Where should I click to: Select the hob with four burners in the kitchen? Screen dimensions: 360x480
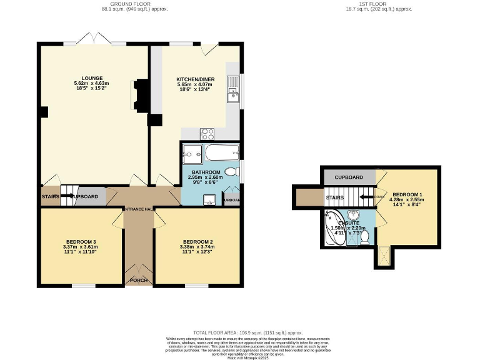207,133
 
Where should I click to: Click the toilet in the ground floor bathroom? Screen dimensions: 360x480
232,171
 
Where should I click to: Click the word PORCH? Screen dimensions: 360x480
138,281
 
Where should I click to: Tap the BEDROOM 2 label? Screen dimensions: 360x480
198,242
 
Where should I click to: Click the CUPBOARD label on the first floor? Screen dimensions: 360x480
349,177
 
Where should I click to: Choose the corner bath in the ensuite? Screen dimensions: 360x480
331,228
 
